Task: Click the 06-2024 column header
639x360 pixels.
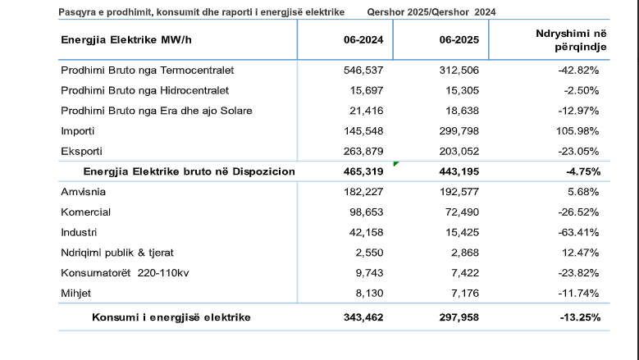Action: tap(363, 40)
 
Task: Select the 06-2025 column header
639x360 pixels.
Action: tap(459, 40)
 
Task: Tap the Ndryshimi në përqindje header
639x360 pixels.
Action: tap(572, 40)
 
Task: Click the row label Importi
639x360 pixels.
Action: tap(77, 131)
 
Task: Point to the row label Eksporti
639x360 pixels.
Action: tap(81, 152)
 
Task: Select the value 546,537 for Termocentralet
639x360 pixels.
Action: tap(363, 71)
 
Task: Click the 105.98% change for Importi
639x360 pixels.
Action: tap(577, 131)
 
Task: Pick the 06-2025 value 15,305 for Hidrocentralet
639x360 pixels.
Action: tap(462, 90)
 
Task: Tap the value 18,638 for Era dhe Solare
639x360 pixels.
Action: tap(462, 111)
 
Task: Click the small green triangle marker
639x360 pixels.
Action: tap(395, 163)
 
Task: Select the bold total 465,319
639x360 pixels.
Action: tap(363, 171)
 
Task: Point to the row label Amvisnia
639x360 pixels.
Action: tap(83, 192)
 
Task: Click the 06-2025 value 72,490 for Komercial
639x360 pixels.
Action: tap(462, 212)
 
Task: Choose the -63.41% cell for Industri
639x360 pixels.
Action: tap(578, 233)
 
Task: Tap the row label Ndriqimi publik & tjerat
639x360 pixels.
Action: tap(117, 253)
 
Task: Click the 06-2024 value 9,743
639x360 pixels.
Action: tap(369, 273)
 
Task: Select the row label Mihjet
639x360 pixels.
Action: tap(75, 294)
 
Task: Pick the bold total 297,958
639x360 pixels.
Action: tap(459, 317)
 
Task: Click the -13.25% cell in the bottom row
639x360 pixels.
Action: tap(580, 317)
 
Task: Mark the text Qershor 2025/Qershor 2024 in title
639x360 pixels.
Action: tap(431, 12)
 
